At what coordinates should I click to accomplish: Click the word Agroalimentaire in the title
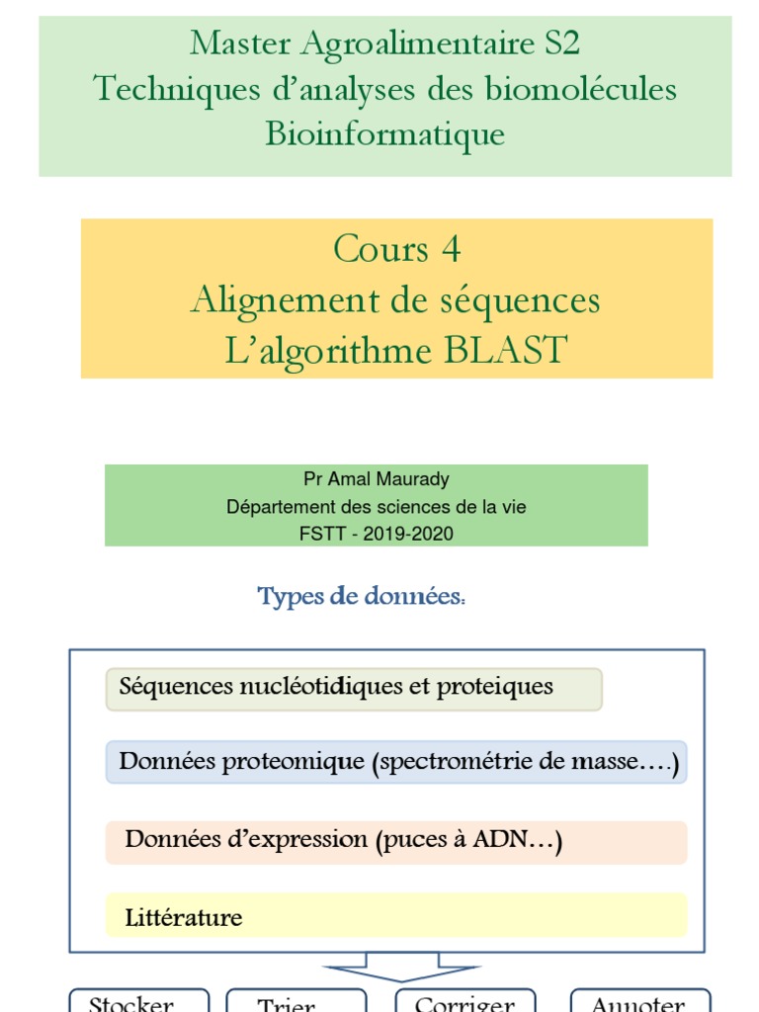(415, 43)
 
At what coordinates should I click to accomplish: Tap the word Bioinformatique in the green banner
(384, 133)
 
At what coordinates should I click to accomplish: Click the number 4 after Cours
(451, 249)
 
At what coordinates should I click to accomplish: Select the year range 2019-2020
(408, 534)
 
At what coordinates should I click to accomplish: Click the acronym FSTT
(323, 534)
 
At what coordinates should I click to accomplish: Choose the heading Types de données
(361, 597)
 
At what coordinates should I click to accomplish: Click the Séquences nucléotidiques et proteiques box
(354, 688)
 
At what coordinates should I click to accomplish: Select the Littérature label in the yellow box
(184, 917)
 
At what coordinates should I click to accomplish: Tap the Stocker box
(138, 1001)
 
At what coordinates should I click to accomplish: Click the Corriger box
(464, 1001)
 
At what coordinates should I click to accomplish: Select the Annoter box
(638, 1001)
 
